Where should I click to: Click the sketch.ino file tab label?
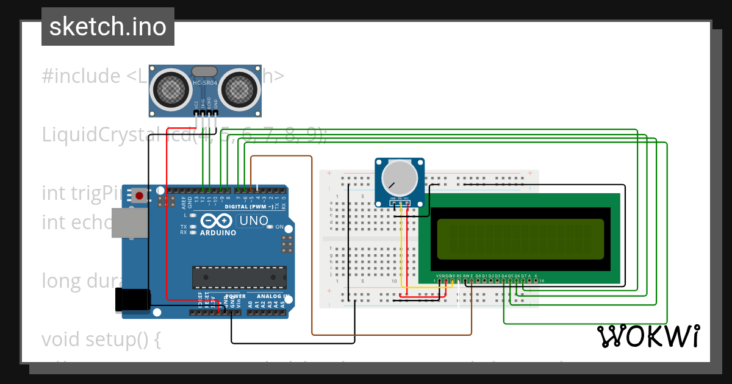pyautogui.click(x=107, y=27)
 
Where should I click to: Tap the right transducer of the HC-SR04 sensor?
pyautogui.click(x=239, y=88)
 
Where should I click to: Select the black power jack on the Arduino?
pyautogui.click(x=132, y=300)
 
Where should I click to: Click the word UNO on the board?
pyautogui.click(x=252, y=221)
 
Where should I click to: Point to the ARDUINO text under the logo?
pyautogui.click(x=218, y=233)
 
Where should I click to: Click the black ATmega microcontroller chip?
pyautogui.click(x=239, y=277)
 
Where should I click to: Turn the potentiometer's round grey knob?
pyautogui.click(x=400, y=178)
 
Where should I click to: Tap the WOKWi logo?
pyautogui.click(x=648, y=336)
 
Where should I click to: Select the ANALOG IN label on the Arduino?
pyautogui.click(x=270, y=296)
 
